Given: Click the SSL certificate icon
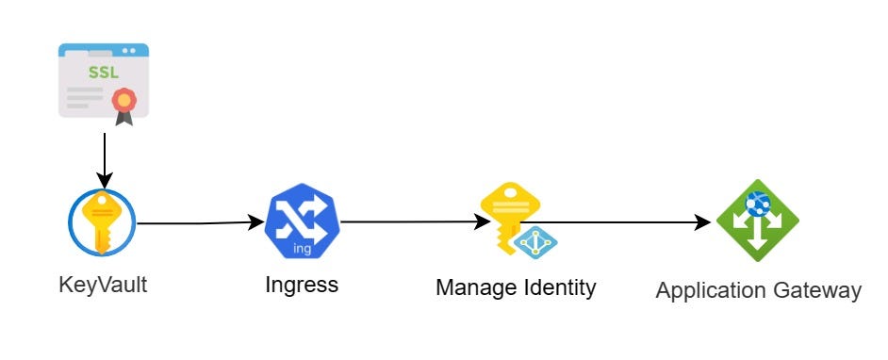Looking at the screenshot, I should click(x=104, y=82).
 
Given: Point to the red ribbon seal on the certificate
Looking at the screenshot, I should click(x=123, y=101).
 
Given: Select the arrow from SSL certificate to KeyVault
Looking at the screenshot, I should click(x=105, y=156).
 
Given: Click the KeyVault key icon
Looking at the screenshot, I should click(x=102, y=223).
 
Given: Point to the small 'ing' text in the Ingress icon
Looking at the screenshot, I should click(x=303, y=249).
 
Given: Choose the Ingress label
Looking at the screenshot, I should click(x=302, y=285).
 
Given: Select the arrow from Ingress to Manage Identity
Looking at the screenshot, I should click(x=410, y=223).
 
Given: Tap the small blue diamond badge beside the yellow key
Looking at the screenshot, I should click(x=535, y=242).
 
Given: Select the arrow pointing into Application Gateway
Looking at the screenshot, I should click(x=622, y=223).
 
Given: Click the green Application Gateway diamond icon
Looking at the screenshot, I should click(x=757, y=222).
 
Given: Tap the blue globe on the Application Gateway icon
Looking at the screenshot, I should click(x=757, y=202).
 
